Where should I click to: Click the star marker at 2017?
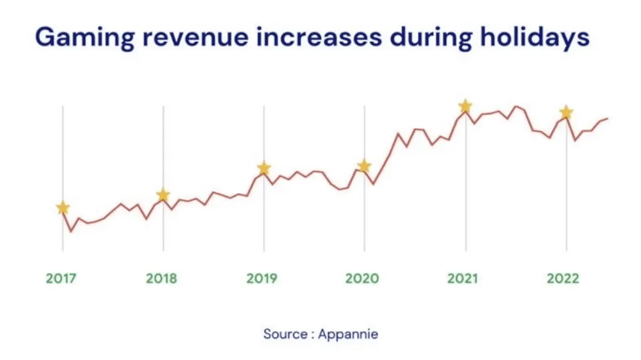63,208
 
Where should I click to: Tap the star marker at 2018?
163,195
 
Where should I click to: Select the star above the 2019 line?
264,168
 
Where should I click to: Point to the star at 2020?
364,166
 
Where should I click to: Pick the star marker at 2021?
465,106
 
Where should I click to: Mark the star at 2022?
566,112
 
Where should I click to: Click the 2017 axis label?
61,279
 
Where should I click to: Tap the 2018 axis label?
162,279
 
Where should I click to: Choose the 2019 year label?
262,279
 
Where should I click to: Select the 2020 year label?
363,279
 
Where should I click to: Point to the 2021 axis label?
463,279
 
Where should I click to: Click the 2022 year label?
563,279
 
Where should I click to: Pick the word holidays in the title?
535,38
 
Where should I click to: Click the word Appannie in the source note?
348,334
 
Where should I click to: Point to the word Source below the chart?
284,334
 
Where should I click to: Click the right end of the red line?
607,118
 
